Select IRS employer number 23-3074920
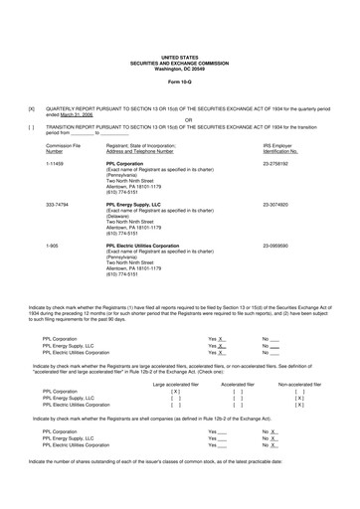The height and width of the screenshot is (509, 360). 282,202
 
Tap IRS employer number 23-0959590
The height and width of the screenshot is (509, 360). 282,244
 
